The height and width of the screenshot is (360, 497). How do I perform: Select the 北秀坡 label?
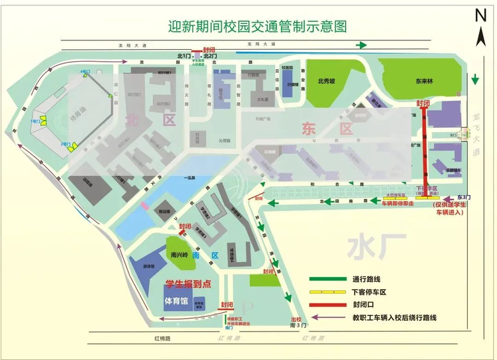(327, 82)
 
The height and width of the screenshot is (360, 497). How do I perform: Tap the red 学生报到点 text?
(188, 284)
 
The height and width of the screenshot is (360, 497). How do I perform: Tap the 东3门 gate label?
(463, 198)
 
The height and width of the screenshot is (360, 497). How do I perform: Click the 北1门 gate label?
(184, 56)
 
